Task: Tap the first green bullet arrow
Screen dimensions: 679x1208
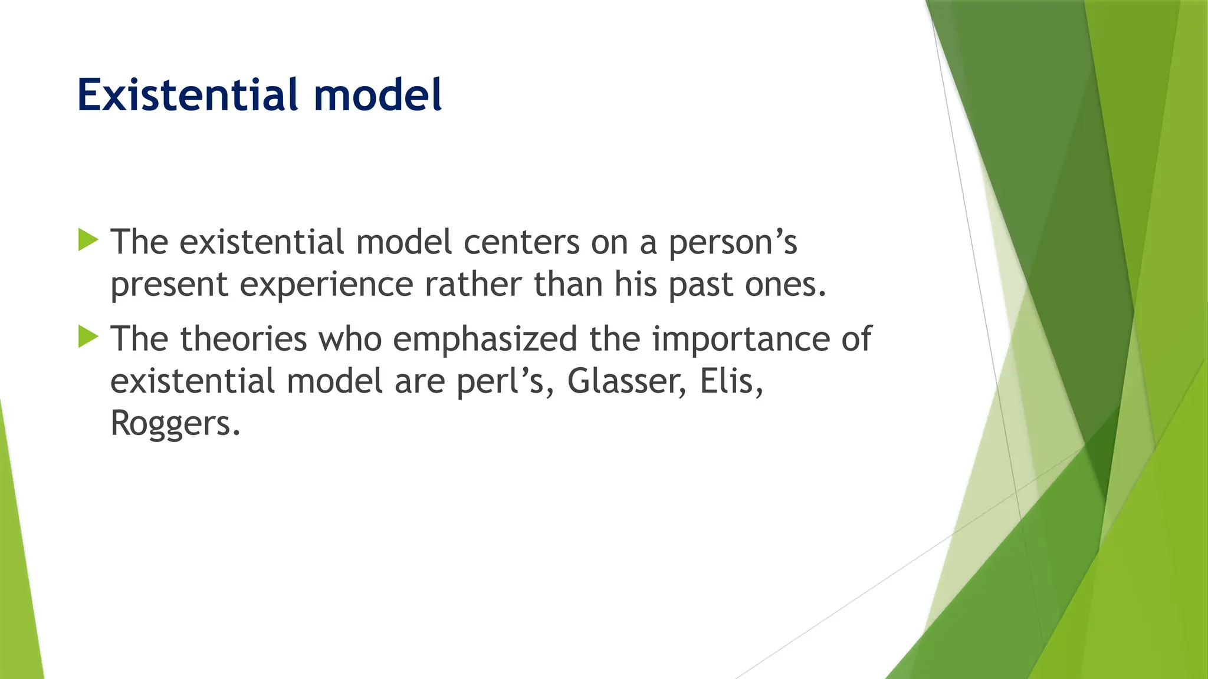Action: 88,240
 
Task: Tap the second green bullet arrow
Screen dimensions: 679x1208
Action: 88,337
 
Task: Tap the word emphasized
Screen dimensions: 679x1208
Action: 485,340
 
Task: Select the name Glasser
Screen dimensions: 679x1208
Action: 626,381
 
